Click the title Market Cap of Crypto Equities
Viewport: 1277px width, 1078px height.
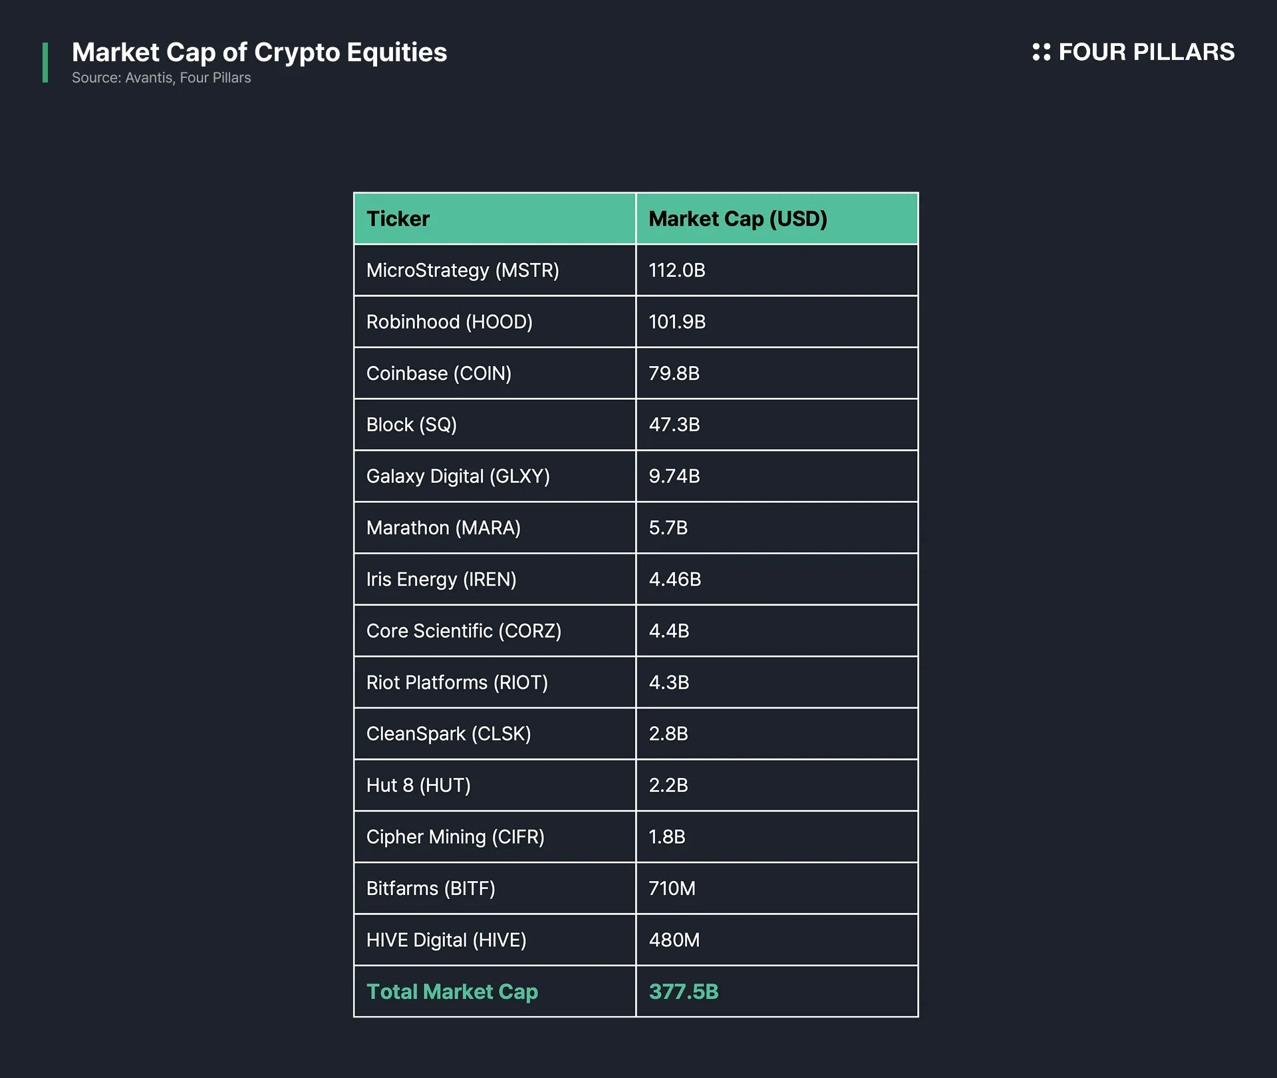pyautogui.click(x=259, y=53)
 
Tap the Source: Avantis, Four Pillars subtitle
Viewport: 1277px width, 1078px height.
pyautogui.click(x=162, y=78)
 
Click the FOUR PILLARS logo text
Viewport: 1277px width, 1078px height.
pyautogui.click(x=1145, y=52)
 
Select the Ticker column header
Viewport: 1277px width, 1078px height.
pyautogui.click(x=398, y=219)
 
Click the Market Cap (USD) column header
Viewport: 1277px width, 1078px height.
pyautogui.click(x=738, y=219)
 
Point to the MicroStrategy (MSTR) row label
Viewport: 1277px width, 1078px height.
pyautogui.click(x=462, y=270)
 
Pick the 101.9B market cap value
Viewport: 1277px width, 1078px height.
pyautogui.click(x=677, y=322)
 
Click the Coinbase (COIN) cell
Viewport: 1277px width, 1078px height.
pyautogui.click(x=439, y=373)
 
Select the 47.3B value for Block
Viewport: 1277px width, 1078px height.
pyautogui.click(x=674, y=425)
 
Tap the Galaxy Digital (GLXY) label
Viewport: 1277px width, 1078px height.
pyautogui.click(x=458, y=476)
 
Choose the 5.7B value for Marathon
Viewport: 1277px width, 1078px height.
pyautogui.click(x=668, y=528)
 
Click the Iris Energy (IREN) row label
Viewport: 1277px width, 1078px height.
pyautogui.click(x=441, y=580)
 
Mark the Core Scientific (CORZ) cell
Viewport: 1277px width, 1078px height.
pyautogui.click(x=464, y=631)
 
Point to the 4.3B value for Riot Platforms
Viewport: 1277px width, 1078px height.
pyautogui.click(x=669, y=683)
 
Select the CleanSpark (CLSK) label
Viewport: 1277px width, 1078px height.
pyautogui.click(x=448, y=734)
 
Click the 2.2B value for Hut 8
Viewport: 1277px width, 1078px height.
pyautogui.click(x=668, y=785)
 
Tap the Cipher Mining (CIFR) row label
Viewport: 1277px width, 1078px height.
pyautogui.click(x=455, y=837)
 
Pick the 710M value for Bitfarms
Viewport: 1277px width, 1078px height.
pyautogui.click(x=672, y=888)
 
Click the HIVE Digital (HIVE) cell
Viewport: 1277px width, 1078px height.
pyautogui.click(x=446, y=940)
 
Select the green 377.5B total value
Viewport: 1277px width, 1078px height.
pyautogui.click(x=684, y=991)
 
